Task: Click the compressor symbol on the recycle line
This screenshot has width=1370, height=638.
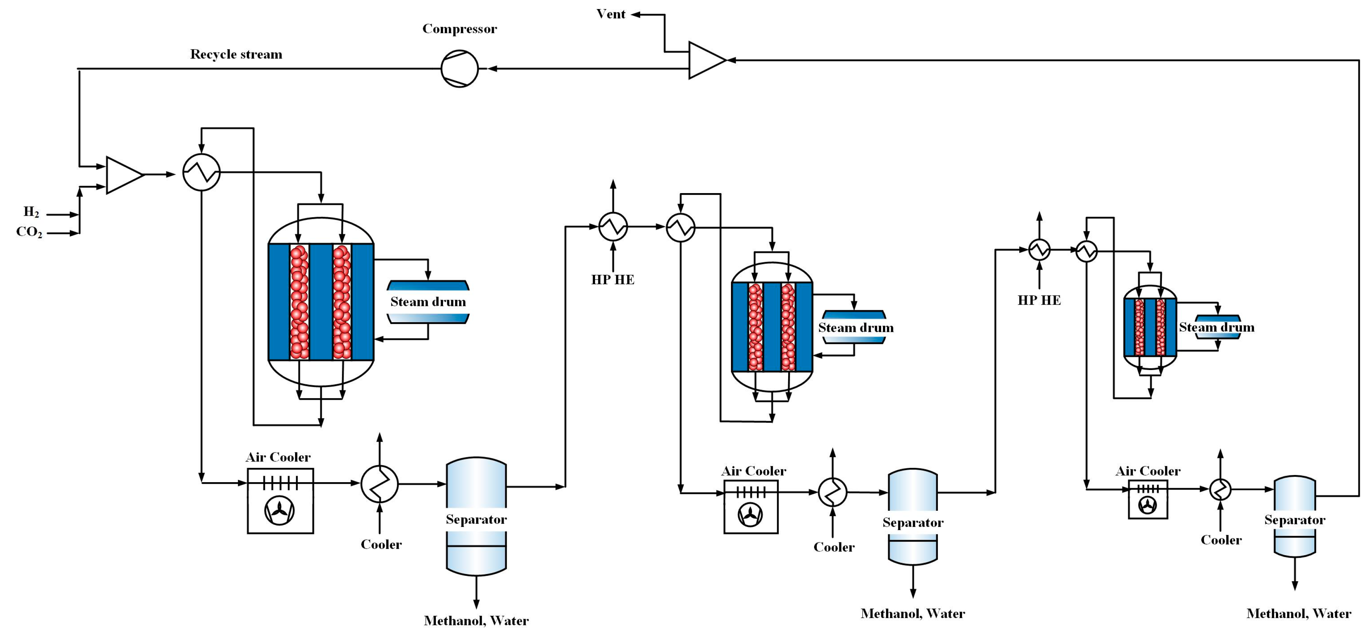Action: [x=460, y=69]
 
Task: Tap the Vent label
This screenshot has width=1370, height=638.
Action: [x=610, y=14]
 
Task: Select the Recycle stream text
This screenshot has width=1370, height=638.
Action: [x=236, y=54]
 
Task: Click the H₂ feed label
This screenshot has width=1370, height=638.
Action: [x=31, y=212]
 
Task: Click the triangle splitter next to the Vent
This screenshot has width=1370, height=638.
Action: [x=705, y=60]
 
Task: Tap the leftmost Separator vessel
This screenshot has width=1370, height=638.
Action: [x=476, y=516]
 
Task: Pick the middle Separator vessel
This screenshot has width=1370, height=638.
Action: [x=913, y=516]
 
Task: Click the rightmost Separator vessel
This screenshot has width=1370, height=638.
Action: [x=1294, y=516]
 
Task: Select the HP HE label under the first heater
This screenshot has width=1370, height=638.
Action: [x=613, y=280]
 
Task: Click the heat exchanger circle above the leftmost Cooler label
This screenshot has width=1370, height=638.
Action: [x=379, y=483]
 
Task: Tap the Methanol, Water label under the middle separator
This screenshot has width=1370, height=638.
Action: [x=913, y=614]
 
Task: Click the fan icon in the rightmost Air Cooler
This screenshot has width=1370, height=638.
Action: [x=1148, y=505]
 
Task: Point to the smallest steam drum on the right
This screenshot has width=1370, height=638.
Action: [x=1217, y=327]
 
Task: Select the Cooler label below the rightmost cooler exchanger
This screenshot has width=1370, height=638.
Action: [x=1221, y=540]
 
